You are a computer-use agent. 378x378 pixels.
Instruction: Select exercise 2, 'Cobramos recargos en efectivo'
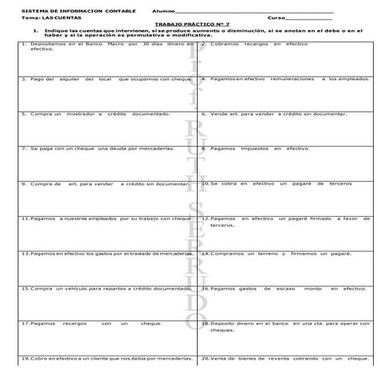(260, 43)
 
